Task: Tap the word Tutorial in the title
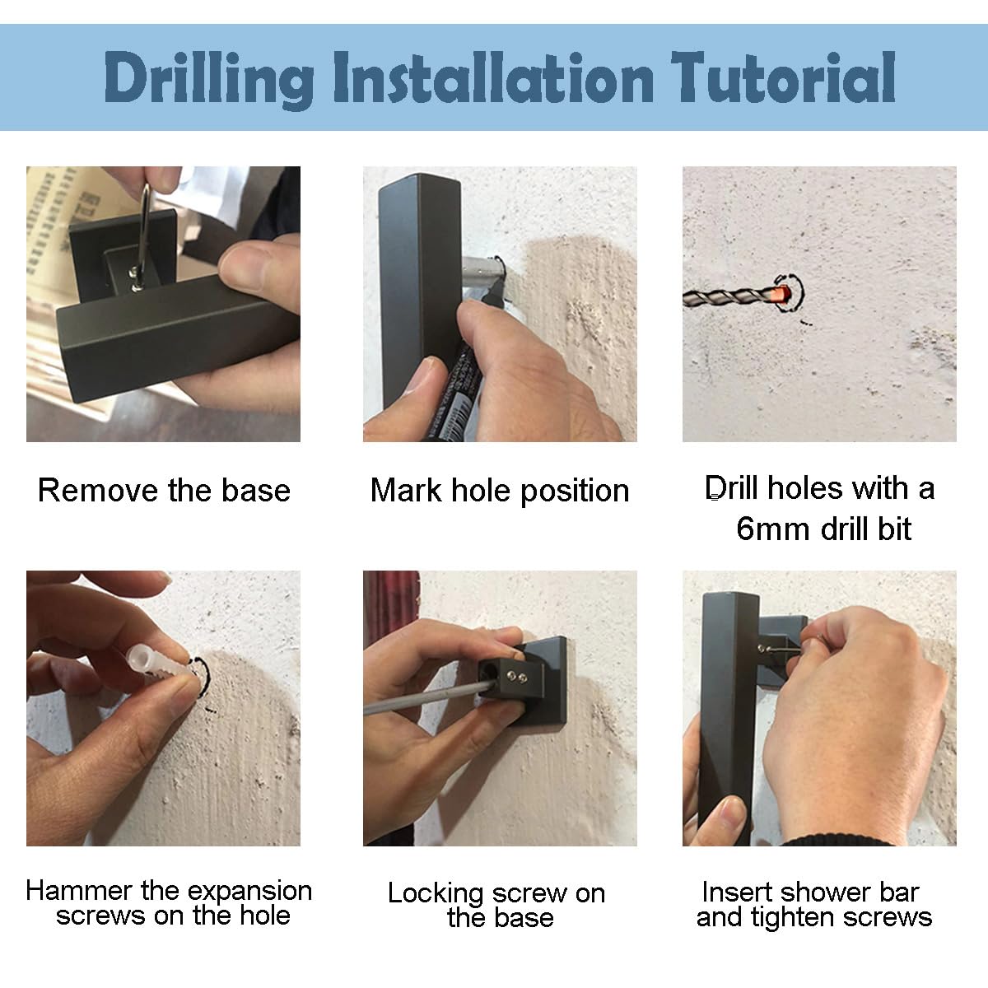click(x=784, y=77)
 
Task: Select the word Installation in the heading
click(x=494, y=77)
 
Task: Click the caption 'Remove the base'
click(x=164, y=490)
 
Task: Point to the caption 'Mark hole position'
click(x=500, y=492)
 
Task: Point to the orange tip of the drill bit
click(x=781, y=295)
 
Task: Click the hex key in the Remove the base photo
click(x=141, y=236)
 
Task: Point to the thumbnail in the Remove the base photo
click(x=241, y=266)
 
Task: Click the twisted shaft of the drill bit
click(x=728, y=296)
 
